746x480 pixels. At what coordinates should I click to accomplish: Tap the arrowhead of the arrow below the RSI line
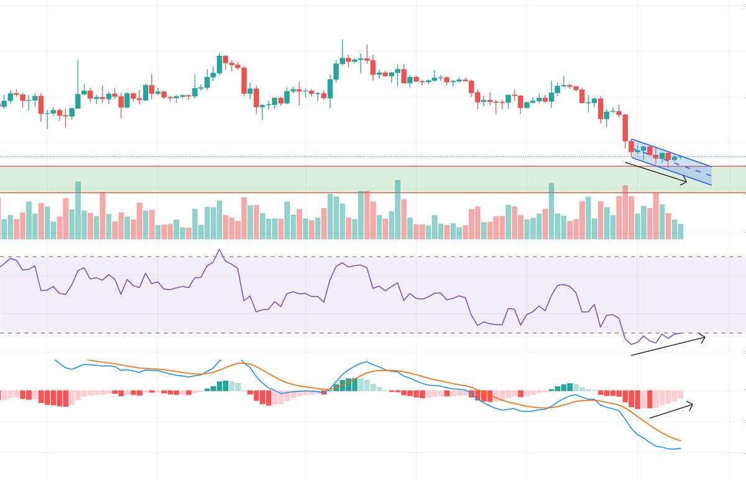tap(704, 338)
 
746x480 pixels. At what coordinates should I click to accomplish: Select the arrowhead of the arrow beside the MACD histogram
tap(692, 405)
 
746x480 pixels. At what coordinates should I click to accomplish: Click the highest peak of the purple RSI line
tap(219, 250)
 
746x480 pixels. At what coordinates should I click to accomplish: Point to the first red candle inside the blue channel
tap(632, 147)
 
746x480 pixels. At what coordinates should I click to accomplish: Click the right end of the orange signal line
tap(681, 440)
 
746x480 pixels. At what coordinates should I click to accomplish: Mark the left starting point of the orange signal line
tap(88, 360)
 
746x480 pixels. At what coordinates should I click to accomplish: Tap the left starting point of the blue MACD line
tap(56, 360)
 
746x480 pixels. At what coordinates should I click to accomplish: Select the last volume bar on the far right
tap(681, 232)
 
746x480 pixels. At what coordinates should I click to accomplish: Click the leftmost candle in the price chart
tap(4, 104)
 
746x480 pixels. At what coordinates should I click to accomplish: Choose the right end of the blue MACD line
tap(681, 448)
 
